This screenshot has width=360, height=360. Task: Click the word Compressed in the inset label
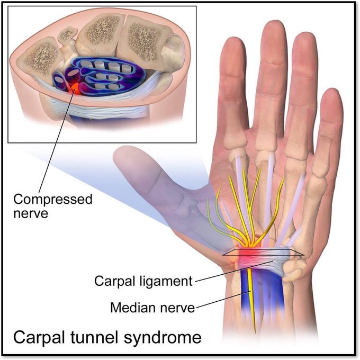coord(53,200)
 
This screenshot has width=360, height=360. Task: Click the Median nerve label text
coord(152,307)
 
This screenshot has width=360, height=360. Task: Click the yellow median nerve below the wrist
coord(251,302)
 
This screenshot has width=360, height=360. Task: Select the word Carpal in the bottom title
coord(43,337)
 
